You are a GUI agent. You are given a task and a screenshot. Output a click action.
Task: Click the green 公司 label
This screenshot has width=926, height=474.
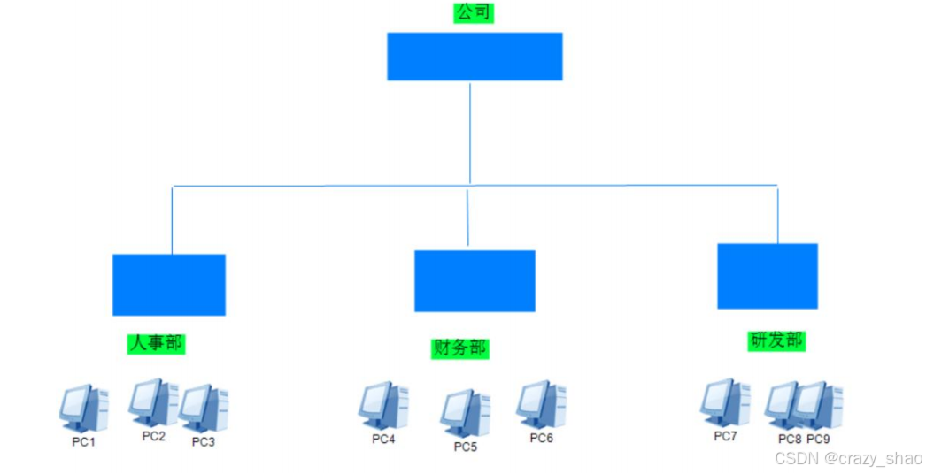coord(474,13)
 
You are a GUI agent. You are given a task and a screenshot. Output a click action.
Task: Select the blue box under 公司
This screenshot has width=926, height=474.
coord(475,57)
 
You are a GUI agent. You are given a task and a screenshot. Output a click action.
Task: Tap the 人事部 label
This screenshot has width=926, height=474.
coord(158,342)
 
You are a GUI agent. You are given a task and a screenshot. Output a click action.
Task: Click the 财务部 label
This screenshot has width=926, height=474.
coord(459,348)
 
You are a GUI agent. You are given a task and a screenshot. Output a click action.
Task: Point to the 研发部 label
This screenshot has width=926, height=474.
coord(776,340)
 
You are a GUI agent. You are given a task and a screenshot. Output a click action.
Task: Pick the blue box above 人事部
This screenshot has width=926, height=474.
coord(168,285)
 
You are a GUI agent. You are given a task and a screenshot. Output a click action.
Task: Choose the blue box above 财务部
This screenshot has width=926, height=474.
coord(475,281)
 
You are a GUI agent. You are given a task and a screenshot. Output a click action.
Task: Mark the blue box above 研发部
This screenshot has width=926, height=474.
coord(767,276)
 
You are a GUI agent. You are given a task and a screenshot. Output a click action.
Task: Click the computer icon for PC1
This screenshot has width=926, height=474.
coord(83,408)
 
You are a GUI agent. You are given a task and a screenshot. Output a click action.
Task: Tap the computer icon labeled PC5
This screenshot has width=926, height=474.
coord(466,413)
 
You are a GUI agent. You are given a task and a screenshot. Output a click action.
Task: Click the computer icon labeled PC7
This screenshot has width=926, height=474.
coord(724,403)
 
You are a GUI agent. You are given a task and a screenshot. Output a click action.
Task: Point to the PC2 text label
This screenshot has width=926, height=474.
coord(154,436)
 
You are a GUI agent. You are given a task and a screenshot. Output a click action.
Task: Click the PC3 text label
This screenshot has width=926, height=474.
coord(204,442)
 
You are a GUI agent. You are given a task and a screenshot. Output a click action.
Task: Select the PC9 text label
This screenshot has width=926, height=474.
coord(818,439)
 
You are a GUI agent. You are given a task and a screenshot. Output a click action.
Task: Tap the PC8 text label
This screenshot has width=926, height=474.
coord(790,439)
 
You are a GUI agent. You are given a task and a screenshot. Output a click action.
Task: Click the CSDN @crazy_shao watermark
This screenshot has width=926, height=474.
coord(848,458)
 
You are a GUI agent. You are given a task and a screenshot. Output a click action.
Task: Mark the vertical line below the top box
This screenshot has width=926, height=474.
coord(470,133)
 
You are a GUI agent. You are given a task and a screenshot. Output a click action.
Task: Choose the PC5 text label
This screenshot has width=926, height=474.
coord(466,447)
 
